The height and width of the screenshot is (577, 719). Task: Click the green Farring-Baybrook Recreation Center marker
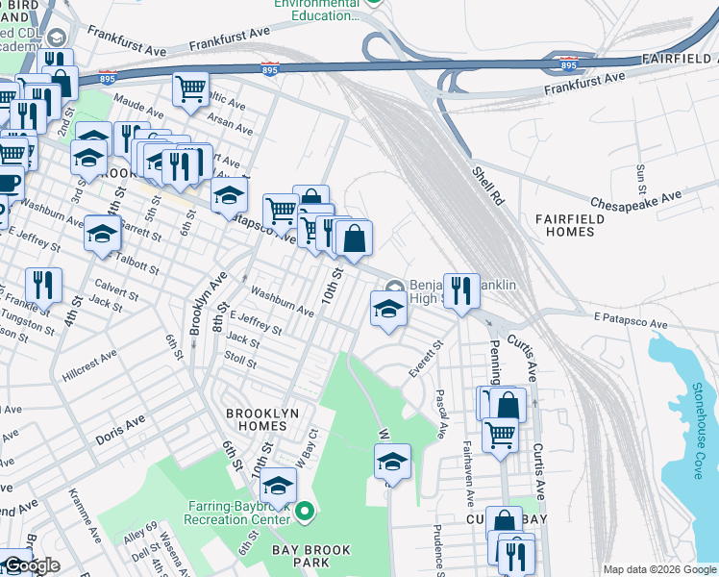pos(305,510)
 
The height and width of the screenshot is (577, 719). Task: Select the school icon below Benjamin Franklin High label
pos(387,310)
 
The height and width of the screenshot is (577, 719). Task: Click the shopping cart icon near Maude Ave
pos(190,88)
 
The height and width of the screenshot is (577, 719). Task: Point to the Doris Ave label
pos(120,429)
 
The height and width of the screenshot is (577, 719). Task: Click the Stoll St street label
pos(239,362)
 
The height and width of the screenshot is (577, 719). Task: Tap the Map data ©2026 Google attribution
pos(657,568)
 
